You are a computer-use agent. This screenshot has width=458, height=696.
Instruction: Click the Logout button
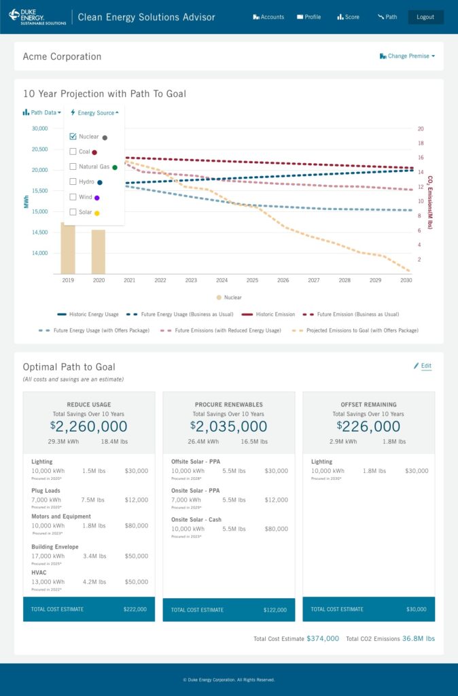425,17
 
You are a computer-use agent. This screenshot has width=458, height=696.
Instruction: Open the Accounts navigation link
268,17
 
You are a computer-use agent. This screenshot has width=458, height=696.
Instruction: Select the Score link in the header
348,17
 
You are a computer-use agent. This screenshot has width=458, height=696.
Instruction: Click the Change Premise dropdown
407,56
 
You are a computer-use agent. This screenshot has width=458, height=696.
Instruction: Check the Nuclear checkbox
73,137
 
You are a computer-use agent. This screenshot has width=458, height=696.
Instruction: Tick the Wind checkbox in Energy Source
73,197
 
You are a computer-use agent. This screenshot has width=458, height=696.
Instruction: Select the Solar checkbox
73,212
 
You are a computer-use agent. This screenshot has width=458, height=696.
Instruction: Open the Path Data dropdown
42,112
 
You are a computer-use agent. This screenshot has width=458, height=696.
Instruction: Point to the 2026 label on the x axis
283,280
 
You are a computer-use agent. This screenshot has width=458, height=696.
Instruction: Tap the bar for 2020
99,251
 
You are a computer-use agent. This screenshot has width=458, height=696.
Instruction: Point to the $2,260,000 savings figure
88,426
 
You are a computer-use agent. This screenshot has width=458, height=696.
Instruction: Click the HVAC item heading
39,573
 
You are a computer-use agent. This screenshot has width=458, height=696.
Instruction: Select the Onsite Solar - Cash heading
196,519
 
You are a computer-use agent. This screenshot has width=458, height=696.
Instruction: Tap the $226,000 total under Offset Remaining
368,426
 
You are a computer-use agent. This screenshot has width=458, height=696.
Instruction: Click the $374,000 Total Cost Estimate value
323,638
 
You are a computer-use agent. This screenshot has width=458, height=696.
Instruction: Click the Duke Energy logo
37,16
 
